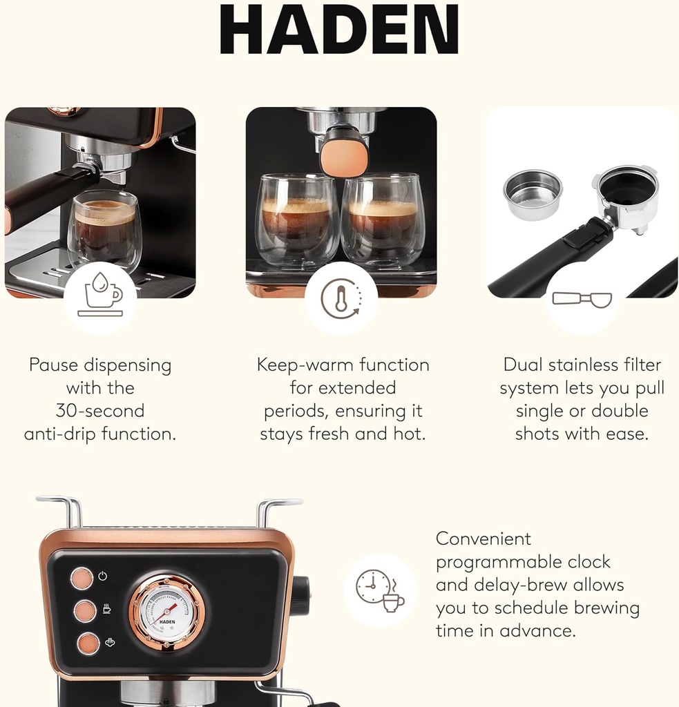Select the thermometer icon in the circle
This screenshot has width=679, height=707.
pos(341,298)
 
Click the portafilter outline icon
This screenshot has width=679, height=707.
pos(581,298)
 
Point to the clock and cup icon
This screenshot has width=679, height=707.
pos(380,590)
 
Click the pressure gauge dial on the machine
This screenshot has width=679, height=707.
pos(166,610)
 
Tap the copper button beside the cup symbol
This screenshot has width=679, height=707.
pos(85,610)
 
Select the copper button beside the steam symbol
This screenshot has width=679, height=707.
pos(88,643)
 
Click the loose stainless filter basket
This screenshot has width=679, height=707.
pos(532,194)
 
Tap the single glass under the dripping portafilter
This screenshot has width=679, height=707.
pos(105,231)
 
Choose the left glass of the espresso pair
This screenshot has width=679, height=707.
pos(297,220)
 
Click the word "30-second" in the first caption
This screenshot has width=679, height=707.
pos(100,411)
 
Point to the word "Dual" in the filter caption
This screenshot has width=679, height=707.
pos(522,365)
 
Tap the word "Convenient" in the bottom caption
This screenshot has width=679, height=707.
pos(484,539)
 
